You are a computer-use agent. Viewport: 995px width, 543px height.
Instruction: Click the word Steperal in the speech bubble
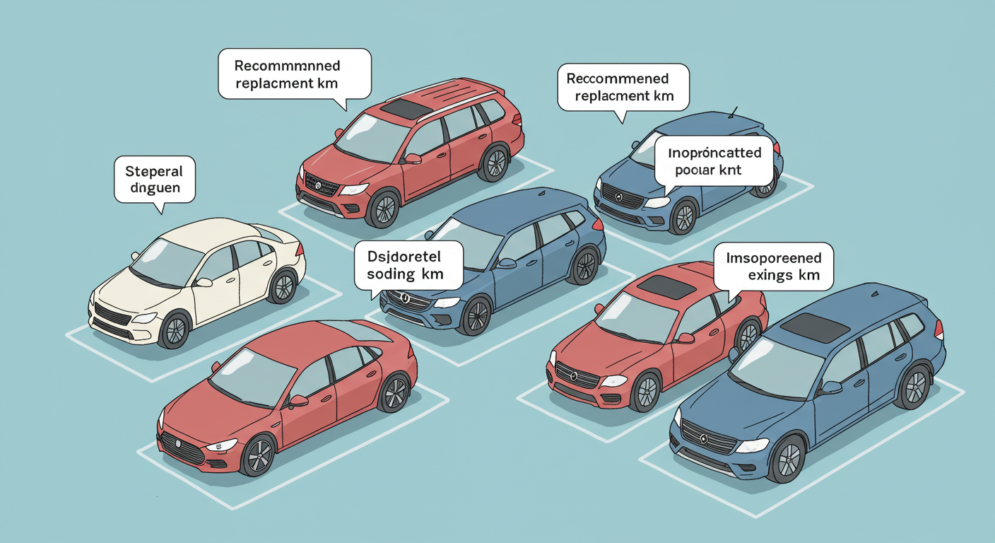point(153,171)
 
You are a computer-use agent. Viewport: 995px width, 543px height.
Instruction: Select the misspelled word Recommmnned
point(287,66)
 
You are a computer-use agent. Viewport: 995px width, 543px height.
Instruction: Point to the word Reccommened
point(617,78)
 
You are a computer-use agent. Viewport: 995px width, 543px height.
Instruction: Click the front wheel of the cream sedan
point(175,330)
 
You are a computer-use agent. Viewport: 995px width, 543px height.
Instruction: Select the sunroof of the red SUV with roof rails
point(405,108)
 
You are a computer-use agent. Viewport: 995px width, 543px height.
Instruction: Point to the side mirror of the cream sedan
point(204,282)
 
